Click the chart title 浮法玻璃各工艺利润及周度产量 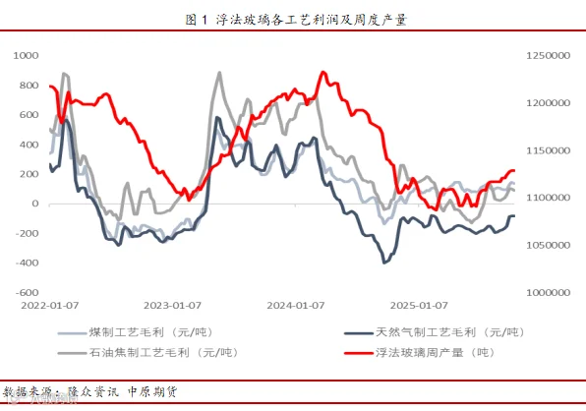(312, 20)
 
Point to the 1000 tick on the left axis (26, 56)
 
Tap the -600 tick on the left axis (27, 293)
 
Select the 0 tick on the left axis (35, 204)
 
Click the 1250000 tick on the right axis (549, 56)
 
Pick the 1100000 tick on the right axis (549, 198)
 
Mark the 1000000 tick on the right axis (549, 293)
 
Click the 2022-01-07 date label (50, 306)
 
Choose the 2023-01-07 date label (172, 306)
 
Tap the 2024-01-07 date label (296, 306)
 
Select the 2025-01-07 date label (419, 306)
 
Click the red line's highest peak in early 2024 (323, 72)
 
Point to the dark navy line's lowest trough (384, 263)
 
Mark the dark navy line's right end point (514, 216)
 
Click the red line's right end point (514, 171)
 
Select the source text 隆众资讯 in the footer (93, 392)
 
